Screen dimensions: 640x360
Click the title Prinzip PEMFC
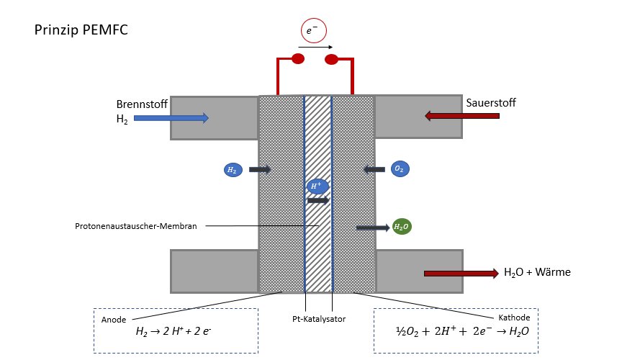coord(81,30)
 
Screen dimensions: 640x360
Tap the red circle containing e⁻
coord(313,31)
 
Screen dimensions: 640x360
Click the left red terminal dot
coord(298,59)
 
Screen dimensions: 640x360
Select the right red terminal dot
coord(331,60)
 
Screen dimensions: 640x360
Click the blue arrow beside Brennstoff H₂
coord(171,118)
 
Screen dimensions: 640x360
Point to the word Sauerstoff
coord(490,102)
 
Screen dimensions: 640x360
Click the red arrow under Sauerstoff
coord(462,116)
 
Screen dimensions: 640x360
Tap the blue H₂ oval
coord(233,170)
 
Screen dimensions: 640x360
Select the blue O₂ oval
coord(400,168)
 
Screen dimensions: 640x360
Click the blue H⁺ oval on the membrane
coord(317,186)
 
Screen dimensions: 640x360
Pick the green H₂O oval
coord(402,227)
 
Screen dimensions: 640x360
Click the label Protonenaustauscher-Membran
coord(136,226)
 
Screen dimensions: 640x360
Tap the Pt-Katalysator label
coord(319,319)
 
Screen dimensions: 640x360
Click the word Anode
coord(114,320)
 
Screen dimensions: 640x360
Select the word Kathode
coord(514,318)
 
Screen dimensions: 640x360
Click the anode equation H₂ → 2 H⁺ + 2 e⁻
coord(173,331)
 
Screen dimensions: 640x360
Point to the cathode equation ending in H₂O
coord(462,331)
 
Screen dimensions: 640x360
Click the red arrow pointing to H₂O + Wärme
coord(461,274)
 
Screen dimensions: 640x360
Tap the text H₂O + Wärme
coord(537,272)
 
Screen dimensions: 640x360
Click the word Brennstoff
coord(142,104)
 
